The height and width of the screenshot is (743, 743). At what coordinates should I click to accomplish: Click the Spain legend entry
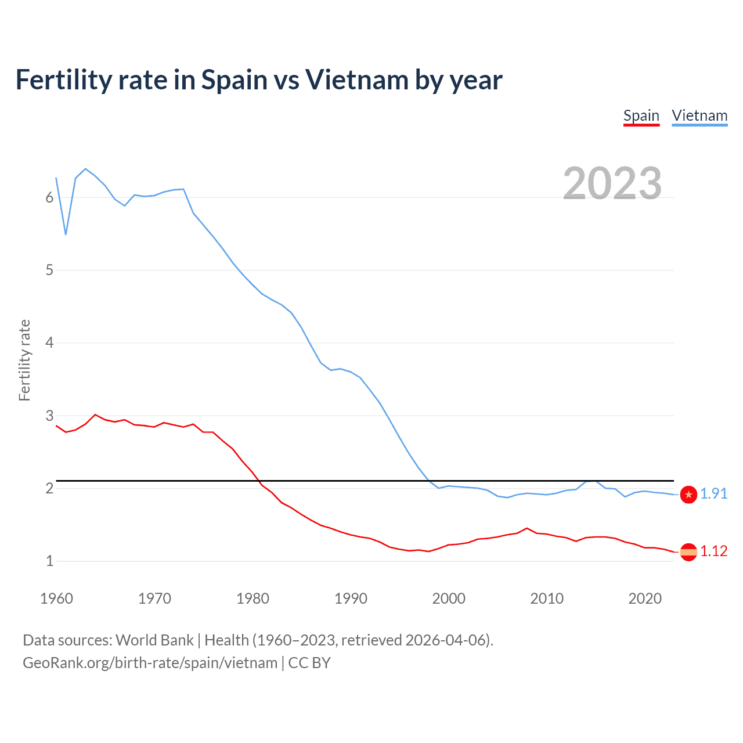[641, 116]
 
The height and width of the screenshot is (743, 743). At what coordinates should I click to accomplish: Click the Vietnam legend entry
[699, 116]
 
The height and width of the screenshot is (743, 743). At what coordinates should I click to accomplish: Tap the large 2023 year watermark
[612, 183]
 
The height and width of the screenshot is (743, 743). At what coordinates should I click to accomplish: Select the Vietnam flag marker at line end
[688, 495]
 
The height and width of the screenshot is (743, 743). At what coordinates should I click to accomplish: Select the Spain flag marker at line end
[688, 552]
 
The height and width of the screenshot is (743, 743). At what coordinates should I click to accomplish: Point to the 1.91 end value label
[713, 493]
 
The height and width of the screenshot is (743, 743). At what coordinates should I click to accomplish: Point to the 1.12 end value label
[713, 551]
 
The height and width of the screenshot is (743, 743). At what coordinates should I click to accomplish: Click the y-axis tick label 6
[49, 197]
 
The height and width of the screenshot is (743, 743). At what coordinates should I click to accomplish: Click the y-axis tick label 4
[49, 342]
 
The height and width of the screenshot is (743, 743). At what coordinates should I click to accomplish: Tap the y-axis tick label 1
[49, 561]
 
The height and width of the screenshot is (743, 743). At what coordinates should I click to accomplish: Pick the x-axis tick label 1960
[56, 598]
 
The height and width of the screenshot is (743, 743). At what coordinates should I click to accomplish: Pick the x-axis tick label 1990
[351, 598]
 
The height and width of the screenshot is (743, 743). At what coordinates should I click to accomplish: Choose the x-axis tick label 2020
[645, 598]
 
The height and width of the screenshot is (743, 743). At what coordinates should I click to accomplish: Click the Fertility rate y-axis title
[24, 360]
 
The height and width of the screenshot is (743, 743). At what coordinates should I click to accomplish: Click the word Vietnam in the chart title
[356, 80]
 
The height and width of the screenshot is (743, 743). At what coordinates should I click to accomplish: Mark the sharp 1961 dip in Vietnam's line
[66, 234]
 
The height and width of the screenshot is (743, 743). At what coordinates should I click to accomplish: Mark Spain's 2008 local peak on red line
[527, 528]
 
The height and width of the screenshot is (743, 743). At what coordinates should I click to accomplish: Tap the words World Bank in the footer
[154, 640]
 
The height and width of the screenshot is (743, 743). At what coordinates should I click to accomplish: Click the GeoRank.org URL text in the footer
[150, 663]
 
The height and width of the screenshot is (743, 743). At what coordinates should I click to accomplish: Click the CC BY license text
[309, 663]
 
